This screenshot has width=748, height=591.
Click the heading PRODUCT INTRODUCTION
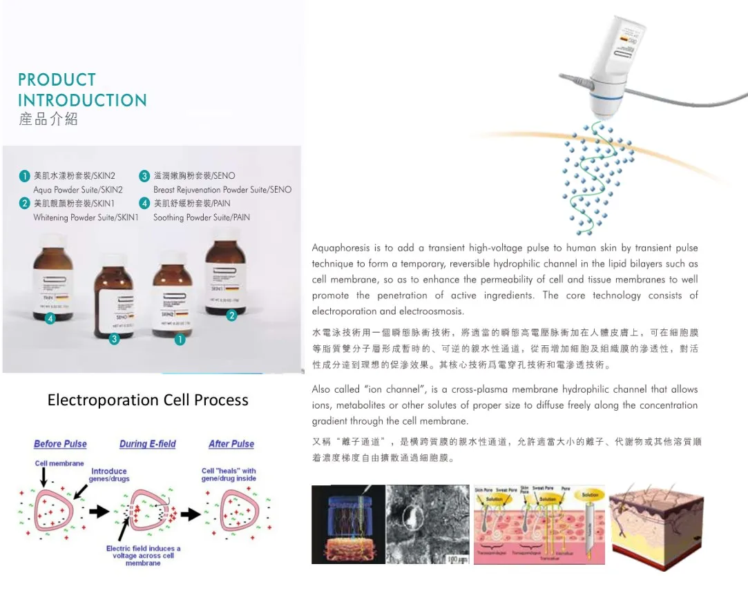82,90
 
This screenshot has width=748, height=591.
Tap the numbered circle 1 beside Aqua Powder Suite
25,175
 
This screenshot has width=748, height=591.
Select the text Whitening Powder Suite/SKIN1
86,217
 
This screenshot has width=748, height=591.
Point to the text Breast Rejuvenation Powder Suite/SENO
222,189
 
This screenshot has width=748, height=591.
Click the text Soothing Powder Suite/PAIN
201,217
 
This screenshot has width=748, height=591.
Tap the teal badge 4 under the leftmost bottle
50,318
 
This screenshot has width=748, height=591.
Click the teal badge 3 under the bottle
115,338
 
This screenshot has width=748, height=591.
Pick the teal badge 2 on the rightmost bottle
232,316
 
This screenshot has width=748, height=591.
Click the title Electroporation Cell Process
148,400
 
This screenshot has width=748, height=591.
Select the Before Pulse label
60,444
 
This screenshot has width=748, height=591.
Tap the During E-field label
147,444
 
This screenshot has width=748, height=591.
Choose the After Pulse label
231,444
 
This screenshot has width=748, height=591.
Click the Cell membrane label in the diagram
59,463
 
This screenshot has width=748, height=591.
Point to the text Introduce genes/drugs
108,475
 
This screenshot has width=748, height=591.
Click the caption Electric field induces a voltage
143,555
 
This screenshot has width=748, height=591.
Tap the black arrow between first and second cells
100,512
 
